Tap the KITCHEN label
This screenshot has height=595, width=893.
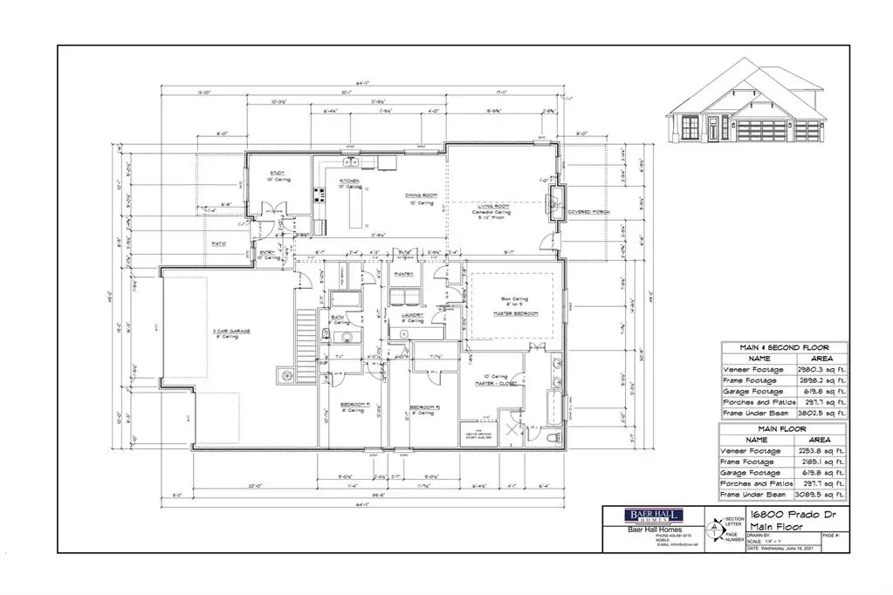tap(349, 181)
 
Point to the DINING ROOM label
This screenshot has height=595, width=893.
tap(419, 195)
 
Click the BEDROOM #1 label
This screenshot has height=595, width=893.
tap(354, 407)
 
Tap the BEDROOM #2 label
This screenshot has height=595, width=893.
tap(422, 407)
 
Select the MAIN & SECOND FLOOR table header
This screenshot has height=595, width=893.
tap(782, 346)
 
